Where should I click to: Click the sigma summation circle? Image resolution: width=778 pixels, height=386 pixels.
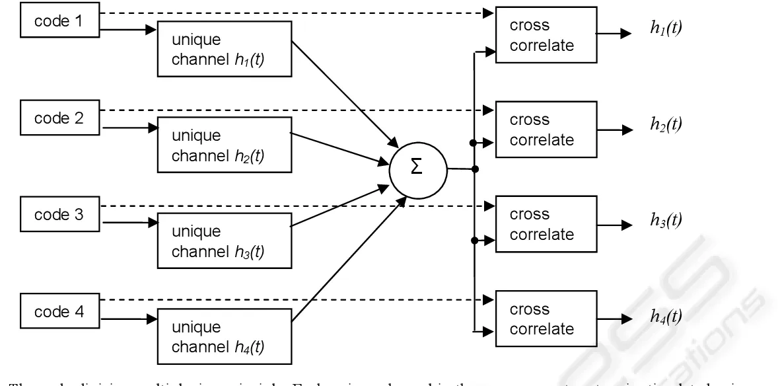[418, 168]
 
